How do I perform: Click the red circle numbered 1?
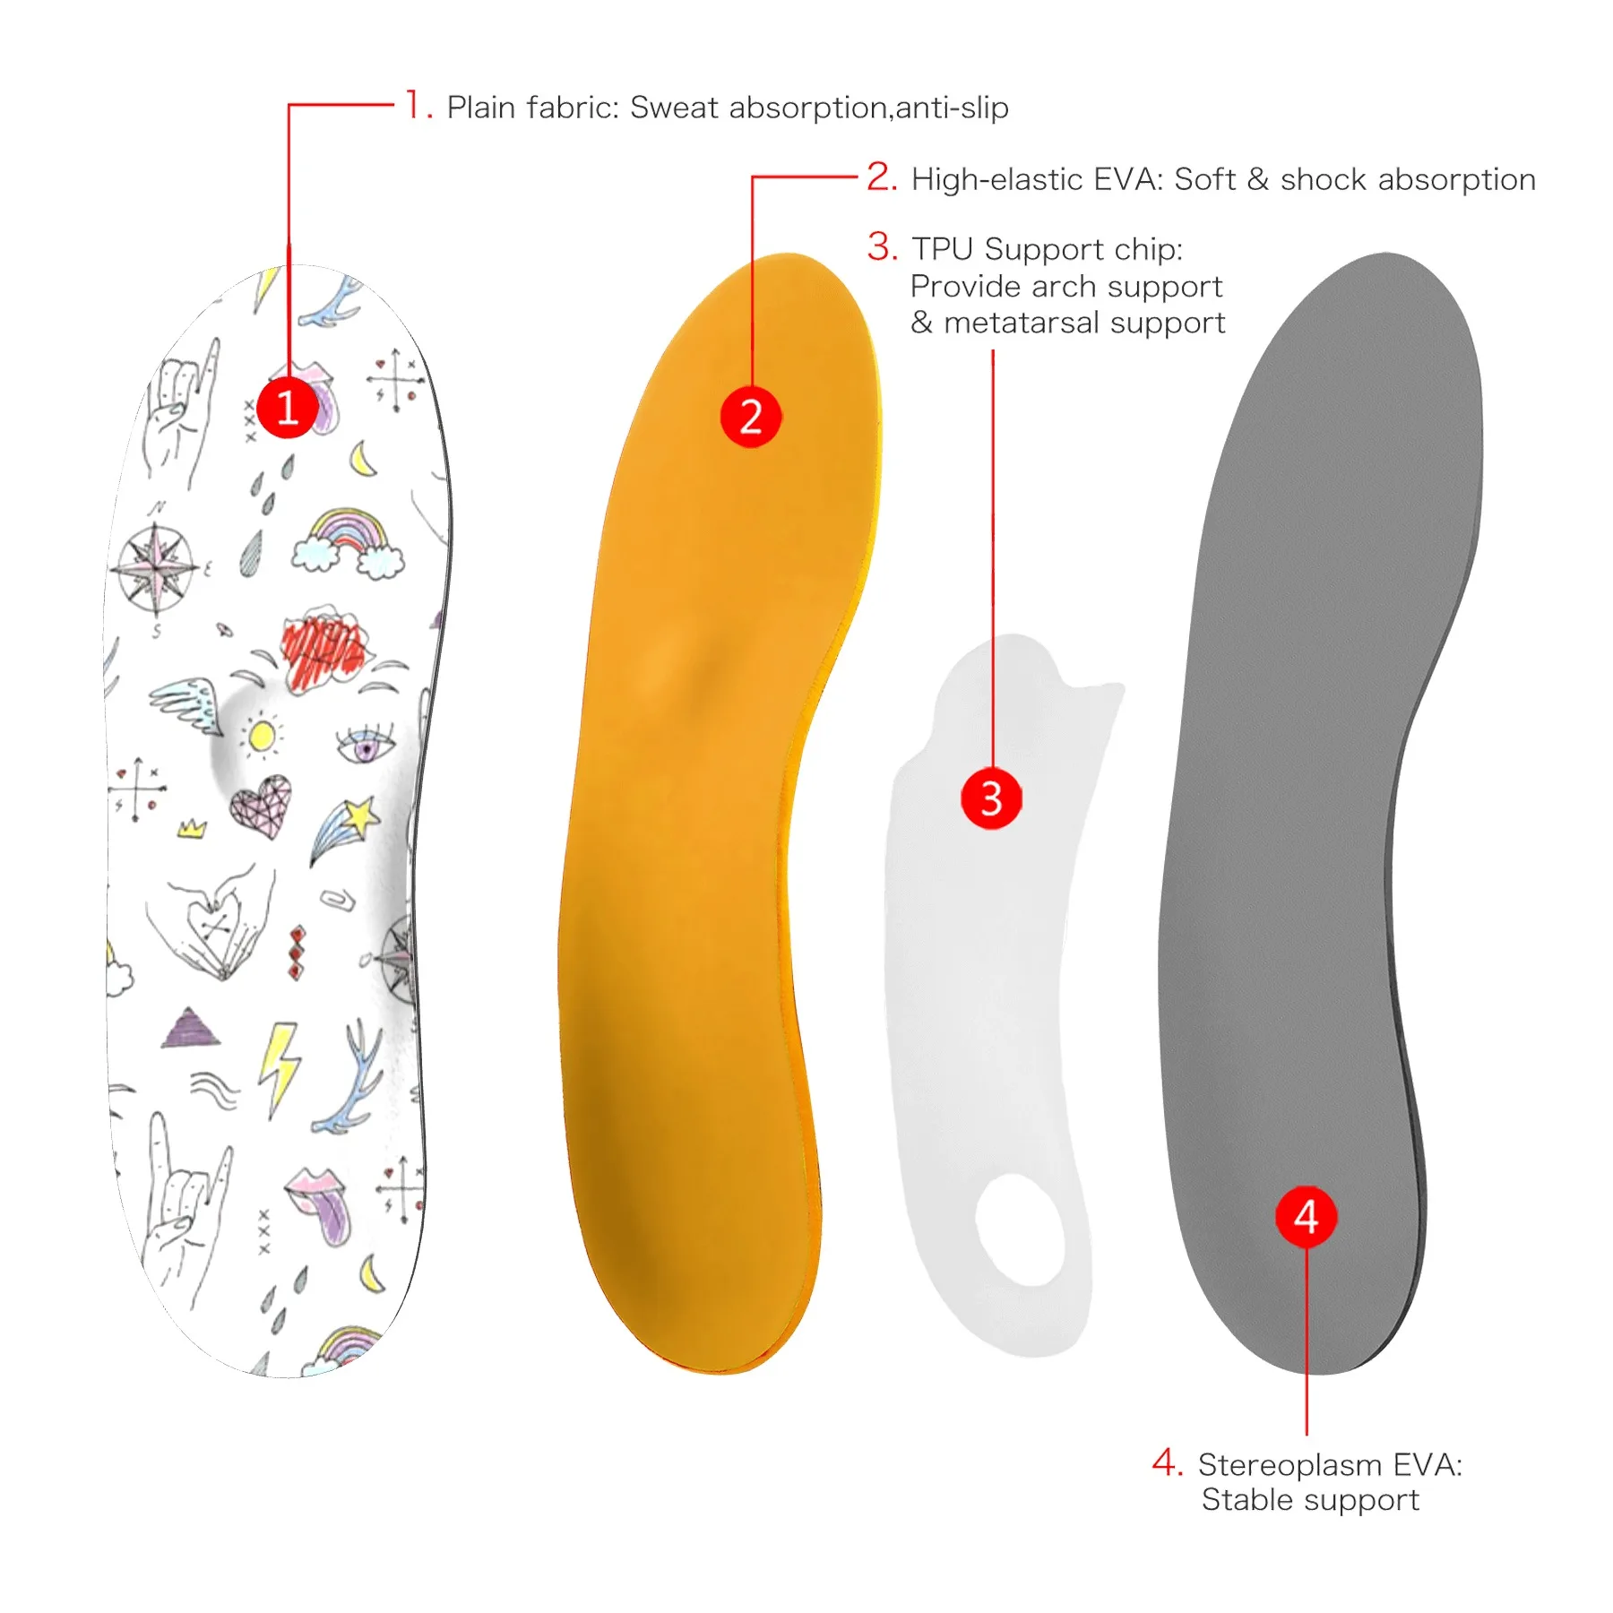[287, 408]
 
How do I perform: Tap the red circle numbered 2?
[751, 417]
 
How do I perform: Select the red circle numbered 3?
[991, 798]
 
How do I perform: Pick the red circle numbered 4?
[1306, 1217]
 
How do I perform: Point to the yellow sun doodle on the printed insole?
[261, 737]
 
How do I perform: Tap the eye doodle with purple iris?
[365, 744]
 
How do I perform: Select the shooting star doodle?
[346, 829]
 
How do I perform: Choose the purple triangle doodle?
[190, 1029]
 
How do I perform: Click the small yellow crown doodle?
[191, 828]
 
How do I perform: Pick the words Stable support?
[1310, 1500]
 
